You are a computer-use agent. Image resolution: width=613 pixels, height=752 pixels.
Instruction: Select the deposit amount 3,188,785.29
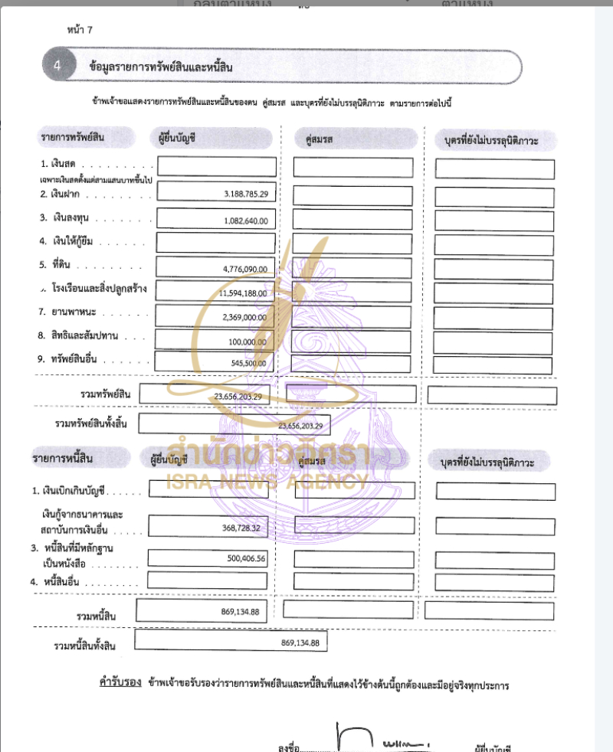[x=246, y=195]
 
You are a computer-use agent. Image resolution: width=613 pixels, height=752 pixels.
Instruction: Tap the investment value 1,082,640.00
[x=247, y=221]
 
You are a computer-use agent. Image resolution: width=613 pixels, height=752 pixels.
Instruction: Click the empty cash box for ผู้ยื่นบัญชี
[x=217, y=167]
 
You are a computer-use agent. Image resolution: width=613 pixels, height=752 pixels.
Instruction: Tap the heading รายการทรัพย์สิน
[x=73, y=138]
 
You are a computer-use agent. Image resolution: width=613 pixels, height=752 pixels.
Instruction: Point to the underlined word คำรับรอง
[x=115, y=681]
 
